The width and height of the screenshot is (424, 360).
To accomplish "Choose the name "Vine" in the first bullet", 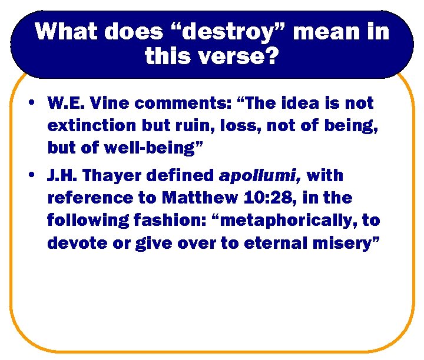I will click(x=106, y=104).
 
